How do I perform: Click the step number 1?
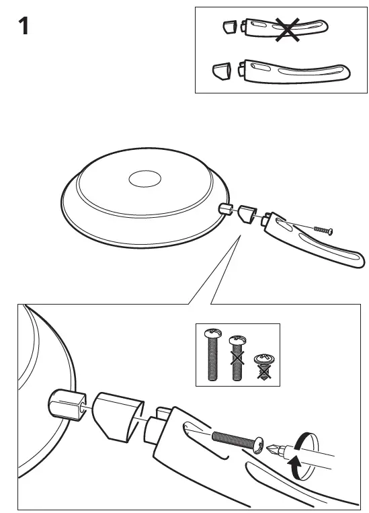(22, 29)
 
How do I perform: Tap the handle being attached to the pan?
(316, 239)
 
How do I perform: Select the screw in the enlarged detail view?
(235, 440)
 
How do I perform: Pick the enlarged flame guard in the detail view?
(118, 417)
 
